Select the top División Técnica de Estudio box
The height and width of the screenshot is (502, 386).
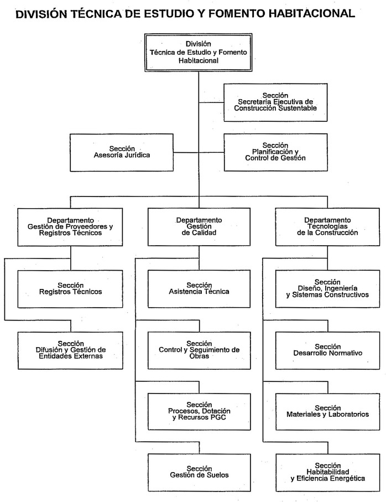199,53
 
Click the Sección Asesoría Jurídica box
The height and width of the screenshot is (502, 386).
122,152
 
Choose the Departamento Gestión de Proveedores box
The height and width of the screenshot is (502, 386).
70,227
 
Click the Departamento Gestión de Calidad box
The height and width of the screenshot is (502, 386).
199,227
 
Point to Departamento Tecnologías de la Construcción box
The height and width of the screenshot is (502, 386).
327,227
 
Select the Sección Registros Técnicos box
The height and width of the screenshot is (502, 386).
70,288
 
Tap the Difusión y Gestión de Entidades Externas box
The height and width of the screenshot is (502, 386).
70,350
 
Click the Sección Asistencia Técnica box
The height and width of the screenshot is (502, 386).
199,288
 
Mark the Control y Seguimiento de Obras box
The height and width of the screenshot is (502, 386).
199,350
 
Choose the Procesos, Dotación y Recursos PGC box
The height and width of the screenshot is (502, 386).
199,411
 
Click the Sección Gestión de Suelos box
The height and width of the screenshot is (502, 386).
199,472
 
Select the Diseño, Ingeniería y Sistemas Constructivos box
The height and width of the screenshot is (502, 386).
327,288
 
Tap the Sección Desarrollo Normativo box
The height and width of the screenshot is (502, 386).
327,350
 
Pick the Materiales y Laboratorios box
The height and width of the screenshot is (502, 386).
327,411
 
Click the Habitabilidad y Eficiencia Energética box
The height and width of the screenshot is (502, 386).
327,472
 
